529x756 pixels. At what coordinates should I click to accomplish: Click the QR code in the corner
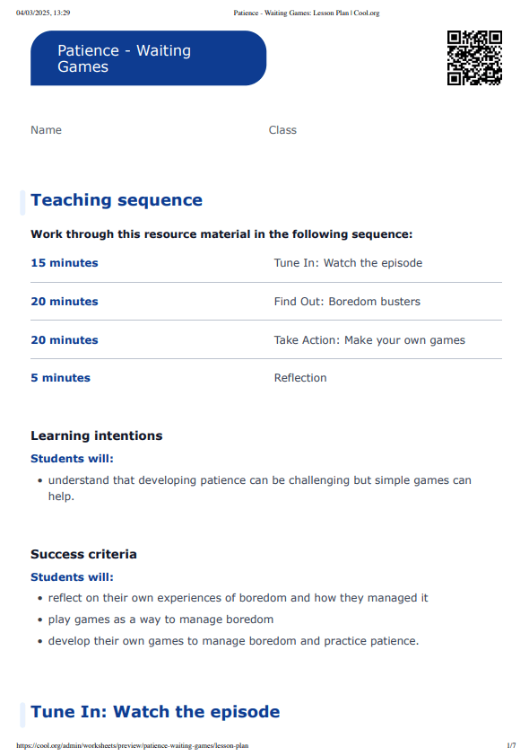click(x=474, y=57)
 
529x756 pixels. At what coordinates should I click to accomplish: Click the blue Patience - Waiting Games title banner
click(x=148, y=58)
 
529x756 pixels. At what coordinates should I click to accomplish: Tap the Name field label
click(x=47, y=130)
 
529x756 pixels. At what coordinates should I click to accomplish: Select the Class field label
click(x=282, y=130)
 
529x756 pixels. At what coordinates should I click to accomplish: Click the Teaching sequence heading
click(x=117, y=200)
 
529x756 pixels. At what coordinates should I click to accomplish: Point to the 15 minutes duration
click(x=65, y=263)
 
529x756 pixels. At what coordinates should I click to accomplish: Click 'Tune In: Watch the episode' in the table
click(x=348, y=263)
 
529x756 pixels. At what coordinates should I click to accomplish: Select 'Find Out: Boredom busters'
click(x=347, y=302)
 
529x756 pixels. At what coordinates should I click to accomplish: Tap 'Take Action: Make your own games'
click(x=369, y=340)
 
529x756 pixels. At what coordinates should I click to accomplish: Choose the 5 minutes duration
click(x=60, y=378)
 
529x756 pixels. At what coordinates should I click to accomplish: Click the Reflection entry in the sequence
click(x=300, y=378)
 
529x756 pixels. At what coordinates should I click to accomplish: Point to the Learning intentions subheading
click(x=97, y=435)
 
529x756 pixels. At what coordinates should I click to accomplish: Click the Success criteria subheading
click(x=83, y=554)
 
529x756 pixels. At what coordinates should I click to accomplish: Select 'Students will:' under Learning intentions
click(x=73, y=459)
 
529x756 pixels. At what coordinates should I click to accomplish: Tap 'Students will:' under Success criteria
click(x=73, y=577)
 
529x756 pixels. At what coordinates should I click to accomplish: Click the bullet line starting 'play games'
click(x=160, y=620)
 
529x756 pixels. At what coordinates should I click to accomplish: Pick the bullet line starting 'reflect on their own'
click(x=238, y=598)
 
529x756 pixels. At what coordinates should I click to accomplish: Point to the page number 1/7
click(x=511, y=745)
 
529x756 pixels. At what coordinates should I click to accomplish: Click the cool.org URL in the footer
click(x=133, y=745)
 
